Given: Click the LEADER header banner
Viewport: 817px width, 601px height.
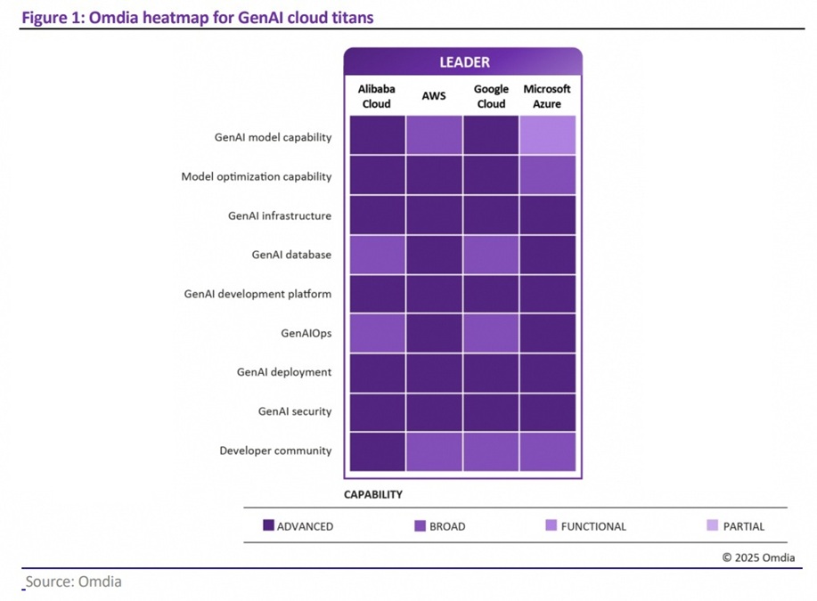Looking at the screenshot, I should pyautogui.click(x=463, y=62).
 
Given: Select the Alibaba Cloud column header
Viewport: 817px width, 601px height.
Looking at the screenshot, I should pyautogui.click(x=375, y=96).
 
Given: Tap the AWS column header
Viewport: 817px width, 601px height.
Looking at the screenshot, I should pyautogui.click(x=433, y=96).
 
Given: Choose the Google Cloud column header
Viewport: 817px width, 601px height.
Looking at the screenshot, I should pyautogui.click(x=491, y=96).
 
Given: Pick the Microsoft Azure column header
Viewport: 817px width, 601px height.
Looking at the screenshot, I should pyautogui.click(x=547, y=96).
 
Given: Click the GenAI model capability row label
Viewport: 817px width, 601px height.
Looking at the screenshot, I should pyautogui.click(x=273, y=137).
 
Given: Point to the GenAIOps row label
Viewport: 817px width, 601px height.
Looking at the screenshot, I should pyautogui.click(x=306, y=333).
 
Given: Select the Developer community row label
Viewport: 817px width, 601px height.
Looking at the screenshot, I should pyautogui.click(x=275, y=451).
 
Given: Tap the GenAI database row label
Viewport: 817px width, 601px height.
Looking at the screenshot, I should pyautogui.click(x=291, y=255).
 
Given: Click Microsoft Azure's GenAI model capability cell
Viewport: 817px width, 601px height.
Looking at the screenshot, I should pyautogui.click(x=548, y=135).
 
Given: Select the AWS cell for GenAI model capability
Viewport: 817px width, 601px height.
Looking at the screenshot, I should pyautogui.click(x=434, y=135).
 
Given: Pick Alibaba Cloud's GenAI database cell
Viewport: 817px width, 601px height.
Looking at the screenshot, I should pyautogui.click(x=377, y=255).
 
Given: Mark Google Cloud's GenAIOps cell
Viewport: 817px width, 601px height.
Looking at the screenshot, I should pyautogui.click(x=491, y=333).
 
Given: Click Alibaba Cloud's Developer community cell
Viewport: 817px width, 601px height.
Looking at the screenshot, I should pyautogui.click(x=377, y=451).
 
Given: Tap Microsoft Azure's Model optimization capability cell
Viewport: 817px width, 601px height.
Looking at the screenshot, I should pyautogui.click(x=548, y=175).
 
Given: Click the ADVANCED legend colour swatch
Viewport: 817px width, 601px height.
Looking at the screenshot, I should pyautogui.click(x=268, y=526).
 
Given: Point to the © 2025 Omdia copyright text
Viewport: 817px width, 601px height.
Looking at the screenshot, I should pyautogui.click(x=757, y=558).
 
